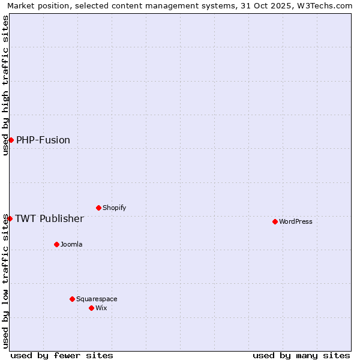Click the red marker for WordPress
point(275,221)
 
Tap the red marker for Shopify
point(98,208)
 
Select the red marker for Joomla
point(56,244)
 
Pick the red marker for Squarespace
point(72,299)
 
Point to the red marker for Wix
point(91,308)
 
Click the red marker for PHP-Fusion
point(11,140)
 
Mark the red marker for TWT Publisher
point(10,218)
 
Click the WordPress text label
point(296,221)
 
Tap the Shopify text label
point(114,208)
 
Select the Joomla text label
point(71,244)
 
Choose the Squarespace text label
point(97,299)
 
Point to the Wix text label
point(101,308)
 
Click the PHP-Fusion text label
point(43,140)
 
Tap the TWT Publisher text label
point(49,218)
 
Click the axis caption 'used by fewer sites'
point(62,355)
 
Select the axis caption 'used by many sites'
point(301,355)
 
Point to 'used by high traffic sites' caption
point(5,85)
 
